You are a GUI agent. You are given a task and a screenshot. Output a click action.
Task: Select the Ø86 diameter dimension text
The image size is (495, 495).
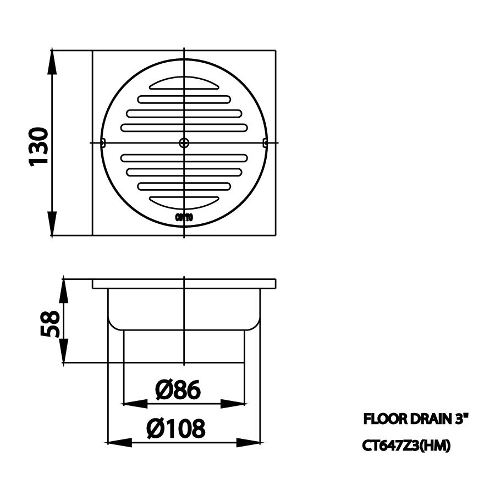click(x=178, y=390)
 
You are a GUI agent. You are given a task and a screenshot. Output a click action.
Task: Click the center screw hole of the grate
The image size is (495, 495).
click(x=184, y=143)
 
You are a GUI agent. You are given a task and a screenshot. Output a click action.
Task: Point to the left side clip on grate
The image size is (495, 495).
click(x=103, y=143)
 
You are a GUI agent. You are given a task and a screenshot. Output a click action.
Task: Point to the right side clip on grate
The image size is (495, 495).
click(x=265, y=143)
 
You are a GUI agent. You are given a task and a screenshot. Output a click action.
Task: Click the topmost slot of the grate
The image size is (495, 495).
click(x=184, y=85)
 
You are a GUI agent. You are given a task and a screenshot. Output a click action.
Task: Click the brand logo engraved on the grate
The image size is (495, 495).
click(x=184, y=218)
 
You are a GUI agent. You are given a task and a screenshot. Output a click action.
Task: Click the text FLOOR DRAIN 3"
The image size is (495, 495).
click(x=416, y=420)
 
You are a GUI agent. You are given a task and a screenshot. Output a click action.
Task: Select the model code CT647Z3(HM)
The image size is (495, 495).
click(x=406, y=446)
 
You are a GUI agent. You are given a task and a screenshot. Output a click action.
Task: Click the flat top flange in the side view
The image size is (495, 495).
click(x=184, y=284)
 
